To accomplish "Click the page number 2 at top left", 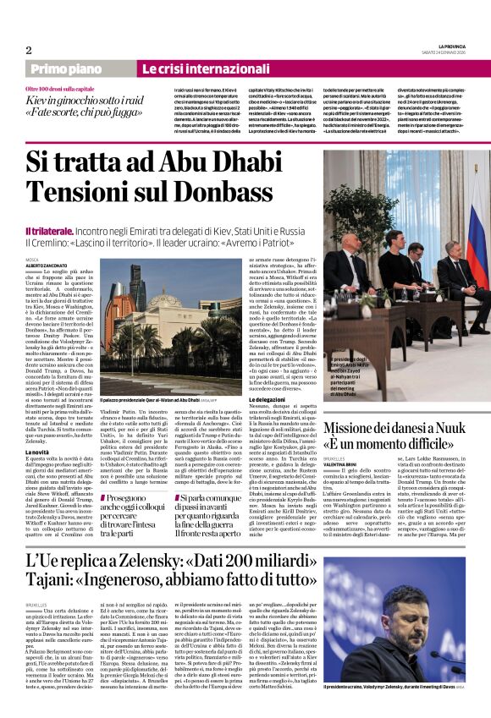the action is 28,49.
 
